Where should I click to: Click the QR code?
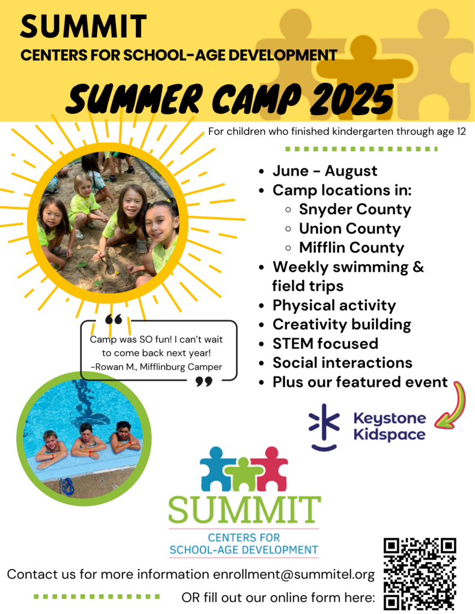click(x=420, y=574)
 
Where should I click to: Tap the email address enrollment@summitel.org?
click(x=294, y=574)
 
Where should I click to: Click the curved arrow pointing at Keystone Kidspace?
click(x=452, y=408)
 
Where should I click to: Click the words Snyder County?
click(x=355, y=209)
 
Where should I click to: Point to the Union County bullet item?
click(x=349, y=228)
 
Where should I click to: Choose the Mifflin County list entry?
click(x=351, y=248)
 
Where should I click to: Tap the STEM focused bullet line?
click(x=325, y=344)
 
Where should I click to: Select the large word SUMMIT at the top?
click(x=83, y=26)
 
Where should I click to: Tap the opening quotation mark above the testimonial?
click(x=113, y=319)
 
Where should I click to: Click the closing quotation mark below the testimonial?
click(x=204, y=381)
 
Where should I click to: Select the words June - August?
click(x=325, y=171)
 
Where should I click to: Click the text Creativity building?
click(x=342, y=324)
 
